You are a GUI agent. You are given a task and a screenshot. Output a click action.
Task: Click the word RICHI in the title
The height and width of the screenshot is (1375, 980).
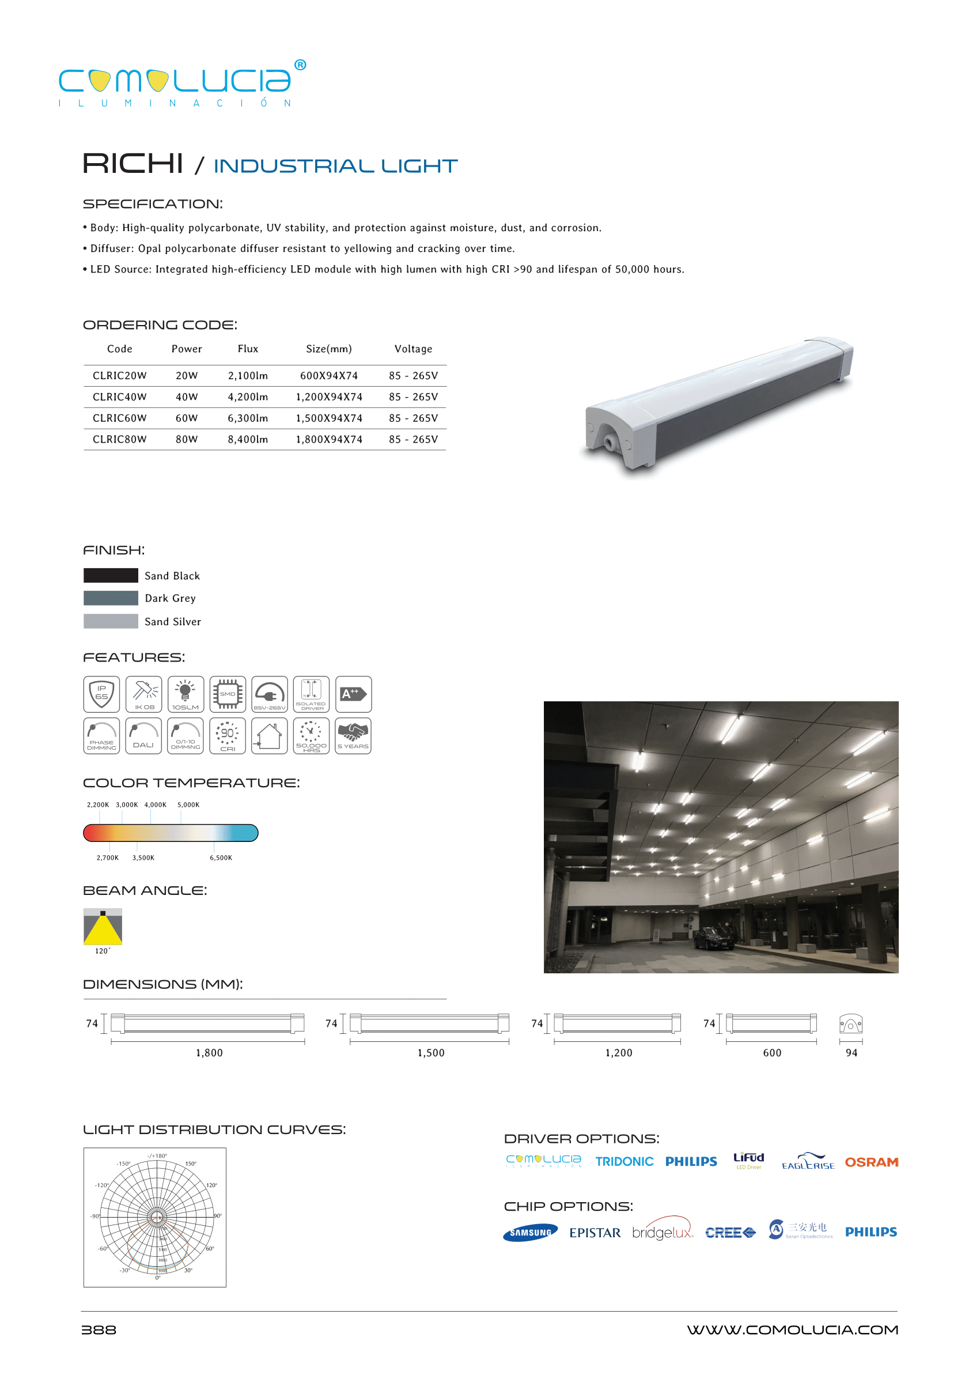[x=133, y=164]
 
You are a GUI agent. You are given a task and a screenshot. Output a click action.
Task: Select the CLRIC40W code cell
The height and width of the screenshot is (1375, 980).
[x=119, y=396]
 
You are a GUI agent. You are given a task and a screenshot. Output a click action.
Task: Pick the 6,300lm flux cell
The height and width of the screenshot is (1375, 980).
[x=247, y=418]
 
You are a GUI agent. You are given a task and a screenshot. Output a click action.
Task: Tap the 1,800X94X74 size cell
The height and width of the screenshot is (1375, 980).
[x=329, y=439]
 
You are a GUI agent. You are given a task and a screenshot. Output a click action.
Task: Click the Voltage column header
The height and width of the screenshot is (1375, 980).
[x=413, y=348]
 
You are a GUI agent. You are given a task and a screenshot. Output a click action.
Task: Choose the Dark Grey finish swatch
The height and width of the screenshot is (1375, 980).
[x=111, y=598]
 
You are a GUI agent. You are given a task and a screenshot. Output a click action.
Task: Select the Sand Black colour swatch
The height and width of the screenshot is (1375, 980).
[x=111, y=575]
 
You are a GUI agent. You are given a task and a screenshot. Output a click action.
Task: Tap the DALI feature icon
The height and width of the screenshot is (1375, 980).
[x=143, y=735]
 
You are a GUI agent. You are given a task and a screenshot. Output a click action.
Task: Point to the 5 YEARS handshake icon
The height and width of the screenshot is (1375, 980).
[x=353, y=735]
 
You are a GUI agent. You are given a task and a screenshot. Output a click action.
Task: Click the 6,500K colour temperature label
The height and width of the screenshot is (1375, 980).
[x=221, y=857]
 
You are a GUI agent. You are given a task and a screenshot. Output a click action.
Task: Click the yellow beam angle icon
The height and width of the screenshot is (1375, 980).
[x=103, y=926]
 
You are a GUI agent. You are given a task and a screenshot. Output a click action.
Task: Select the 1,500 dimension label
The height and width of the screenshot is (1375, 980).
[x=431, y=1052]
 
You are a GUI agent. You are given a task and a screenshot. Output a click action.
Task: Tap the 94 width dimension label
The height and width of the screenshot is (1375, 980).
[x=851, y=1052]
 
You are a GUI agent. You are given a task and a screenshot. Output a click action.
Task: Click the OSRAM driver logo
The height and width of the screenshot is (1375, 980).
[x=871, y=1161]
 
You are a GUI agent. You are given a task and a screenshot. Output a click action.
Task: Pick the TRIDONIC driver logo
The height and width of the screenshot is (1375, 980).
[x=624, y=1161]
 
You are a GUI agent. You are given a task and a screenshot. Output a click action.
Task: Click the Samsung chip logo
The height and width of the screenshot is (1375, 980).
[x=530, y=1232]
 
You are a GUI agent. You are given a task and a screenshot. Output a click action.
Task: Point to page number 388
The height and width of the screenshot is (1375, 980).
[x=99, y=1329]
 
